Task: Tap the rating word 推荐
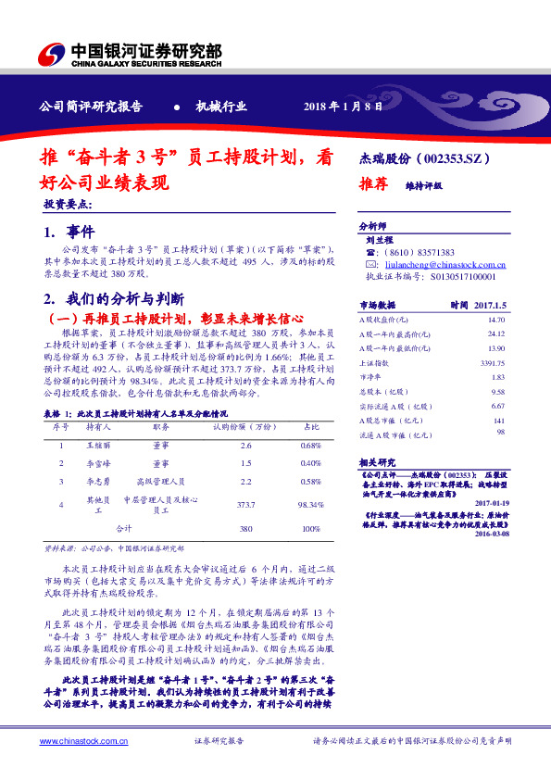coord(372,184)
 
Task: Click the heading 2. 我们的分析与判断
coord(115,298)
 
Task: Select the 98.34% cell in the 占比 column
coord(308,505)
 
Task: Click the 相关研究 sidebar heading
coord(377,462)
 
